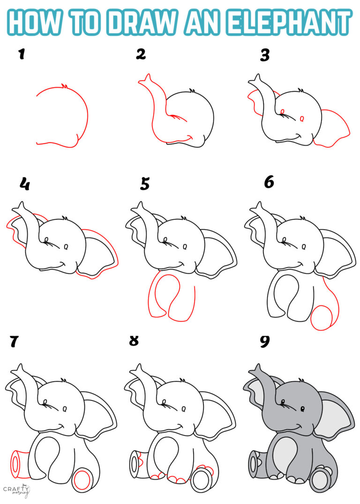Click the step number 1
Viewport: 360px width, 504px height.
(x=21, y=55)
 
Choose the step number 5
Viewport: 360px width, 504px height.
(x=145, y=184)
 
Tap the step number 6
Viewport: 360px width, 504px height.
(x=269, y=182)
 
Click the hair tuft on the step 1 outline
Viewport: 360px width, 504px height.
(x=64, y=86)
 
